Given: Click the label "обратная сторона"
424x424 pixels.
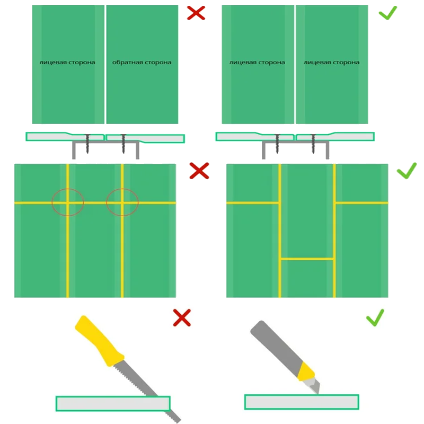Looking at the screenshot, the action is (x=142, y=63).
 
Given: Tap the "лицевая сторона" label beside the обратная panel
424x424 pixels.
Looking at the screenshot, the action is (x=67, y=63).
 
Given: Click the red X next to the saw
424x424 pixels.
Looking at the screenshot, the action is (x=182, y=317).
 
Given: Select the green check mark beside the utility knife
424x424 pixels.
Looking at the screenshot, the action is (x=375, y=317).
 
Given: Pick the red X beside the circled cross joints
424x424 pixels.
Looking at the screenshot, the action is (x=199, y=171).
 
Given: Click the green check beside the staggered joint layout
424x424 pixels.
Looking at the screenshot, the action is (x=407, y=171).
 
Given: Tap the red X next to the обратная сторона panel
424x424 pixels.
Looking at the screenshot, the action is (x=196, y=13).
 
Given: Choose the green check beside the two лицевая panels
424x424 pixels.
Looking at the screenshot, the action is (x=388, y=13).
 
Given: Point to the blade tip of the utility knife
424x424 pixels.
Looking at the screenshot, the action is (x=318, y=393).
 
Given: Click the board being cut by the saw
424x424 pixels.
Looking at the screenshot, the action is (x=113, y=403).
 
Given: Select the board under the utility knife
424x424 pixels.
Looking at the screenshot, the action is (x=302, y=402).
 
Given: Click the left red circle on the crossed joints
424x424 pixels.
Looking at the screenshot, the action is (x=68, y=189).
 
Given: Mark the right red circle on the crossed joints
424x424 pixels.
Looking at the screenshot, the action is (x=122, y=189).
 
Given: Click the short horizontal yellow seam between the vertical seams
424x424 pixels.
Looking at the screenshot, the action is (x=307, y=259).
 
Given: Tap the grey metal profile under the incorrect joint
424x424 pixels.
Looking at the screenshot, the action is (x=105, y=142).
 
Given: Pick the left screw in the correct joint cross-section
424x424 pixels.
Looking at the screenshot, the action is (x=277, y=144).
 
